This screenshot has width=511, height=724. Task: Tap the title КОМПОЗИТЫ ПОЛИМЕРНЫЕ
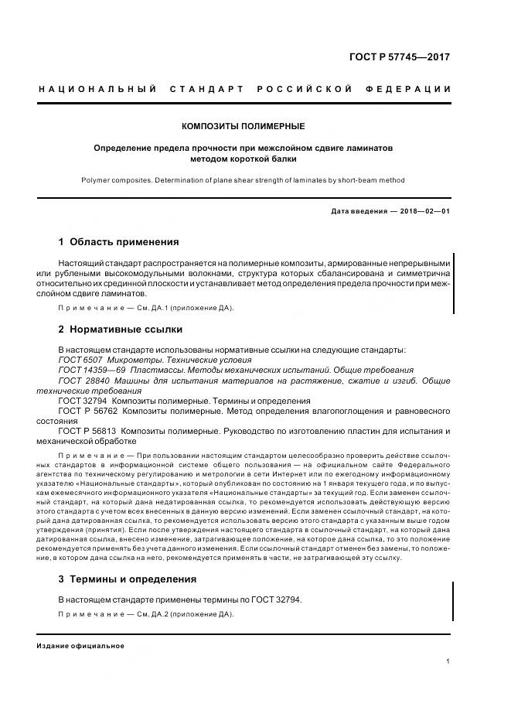244,125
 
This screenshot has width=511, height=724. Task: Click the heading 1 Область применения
118,241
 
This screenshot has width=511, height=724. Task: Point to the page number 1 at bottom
448,661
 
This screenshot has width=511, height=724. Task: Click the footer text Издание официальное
80,646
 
